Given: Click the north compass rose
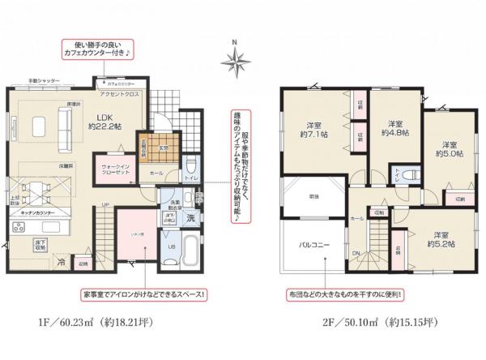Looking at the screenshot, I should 235,59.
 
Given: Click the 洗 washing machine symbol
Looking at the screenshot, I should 190,218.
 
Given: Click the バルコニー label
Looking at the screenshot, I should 313,243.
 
